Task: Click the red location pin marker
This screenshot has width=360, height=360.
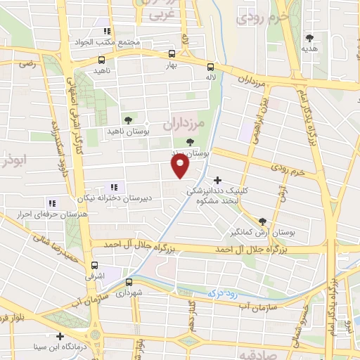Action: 181,165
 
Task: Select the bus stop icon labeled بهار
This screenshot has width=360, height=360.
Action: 172,53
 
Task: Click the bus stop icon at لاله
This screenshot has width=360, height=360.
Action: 210,67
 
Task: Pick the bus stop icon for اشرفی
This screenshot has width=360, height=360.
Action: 94,265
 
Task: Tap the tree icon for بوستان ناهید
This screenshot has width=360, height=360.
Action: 127,120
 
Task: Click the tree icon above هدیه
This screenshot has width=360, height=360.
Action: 309,38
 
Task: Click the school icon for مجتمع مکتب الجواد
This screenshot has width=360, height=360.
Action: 107,32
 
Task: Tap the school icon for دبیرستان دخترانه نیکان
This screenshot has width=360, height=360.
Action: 113,188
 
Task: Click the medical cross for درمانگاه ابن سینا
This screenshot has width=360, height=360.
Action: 60,335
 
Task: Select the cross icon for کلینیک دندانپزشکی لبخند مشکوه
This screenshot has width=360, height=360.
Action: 217,181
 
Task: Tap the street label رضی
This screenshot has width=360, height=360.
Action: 27,63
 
